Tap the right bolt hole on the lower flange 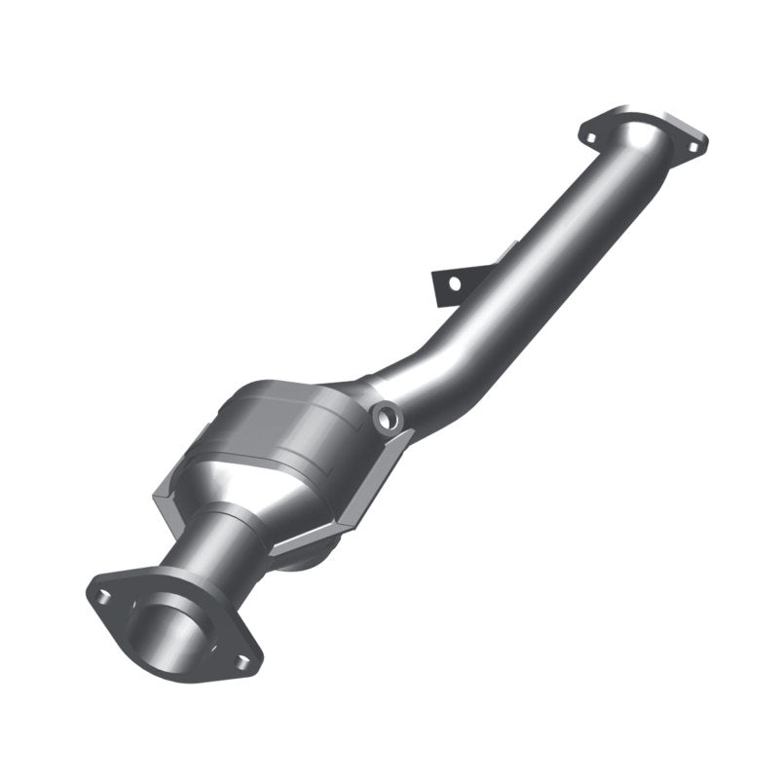[241, 661]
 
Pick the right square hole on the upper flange [692, 146]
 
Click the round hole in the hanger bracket [452, 283]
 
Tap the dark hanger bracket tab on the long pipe [451, 283]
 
